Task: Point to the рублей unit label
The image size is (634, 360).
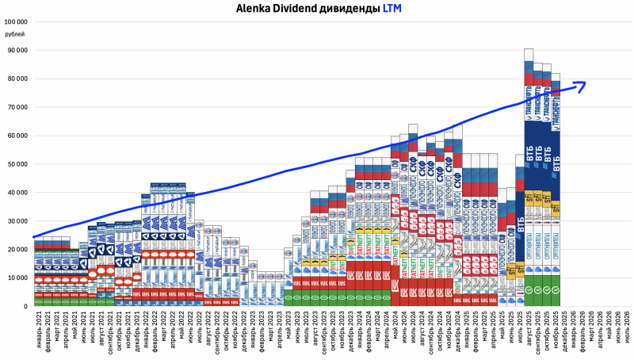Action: pyautogui.click(x=14, y=34)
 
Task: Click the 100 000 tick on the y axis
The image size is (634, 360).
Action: pyautogui.click(x=16, y=22)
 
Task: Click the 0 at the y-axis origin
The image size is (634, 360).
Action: pyautogui.click(x=25, y=306)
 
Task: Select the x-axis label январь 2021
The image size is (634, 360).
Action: pyautogui.click(x=38, y=333)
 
